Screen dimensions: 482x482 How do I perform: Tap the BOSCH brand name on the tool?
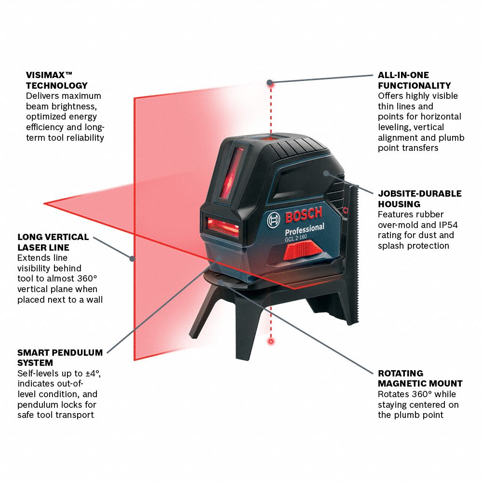coord(304,214)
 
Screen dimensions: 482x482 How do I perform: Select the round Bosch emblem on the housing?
coord(273,220)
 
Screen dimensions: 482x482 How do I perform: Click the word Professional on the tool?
coord(304,229)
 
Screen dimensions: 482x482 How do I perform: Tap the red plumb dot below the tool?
coord(271,341)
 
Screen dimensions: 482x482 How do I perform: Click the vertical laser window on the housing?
coord(231,173)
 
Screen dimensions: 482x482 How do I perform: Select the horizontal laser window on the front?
coord(223,227)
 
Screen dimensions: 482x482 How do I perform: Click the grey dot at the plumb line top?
coord(269,82)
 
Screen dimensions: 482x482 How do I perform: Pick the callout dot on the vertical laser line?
coord(132,258)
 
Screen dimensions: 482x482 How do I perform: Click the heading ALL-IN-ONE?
coord(403,75)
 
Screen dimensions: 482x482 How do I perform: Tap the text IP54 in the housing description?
coord(448,225)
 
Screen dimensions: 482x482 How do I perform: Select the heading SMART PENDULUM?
coord(60,353)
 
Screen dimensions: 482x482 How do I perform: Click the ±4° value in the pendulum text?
coord(93,374)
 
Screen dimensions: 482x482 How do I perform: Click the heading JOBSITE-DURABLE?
coord(420,194)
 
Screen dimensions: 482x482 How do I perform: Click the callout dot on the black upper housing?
coord(326,173)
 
